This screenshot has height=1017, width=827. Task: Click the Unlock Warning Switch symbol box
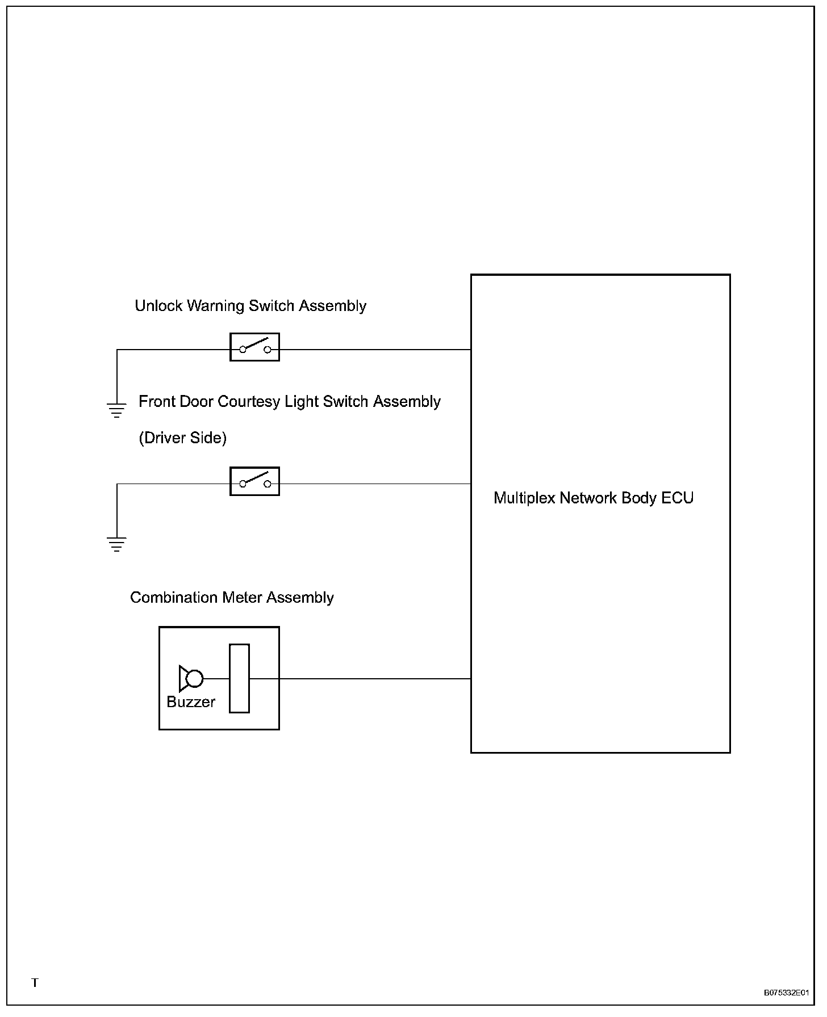click(x=254, y=347)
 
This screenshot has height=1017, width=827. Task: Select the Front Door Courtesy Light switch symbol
click(x=254, y=481)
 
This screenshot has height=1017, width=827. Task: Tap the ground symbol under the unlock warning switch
click(x=116, y=410)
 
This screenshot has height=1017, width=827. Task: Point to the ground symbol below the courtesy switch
click(x=116, y=544)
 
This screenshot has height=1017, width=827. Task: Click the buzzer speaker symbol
click(x=191, y=678)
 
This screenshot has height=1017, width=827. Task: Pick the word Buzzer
click(x=191, y=702)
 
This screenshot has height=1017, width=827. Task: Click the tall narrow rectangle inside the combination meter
click(x=239, y=678)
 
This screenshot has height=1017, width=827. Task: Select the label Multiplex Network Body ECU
click(x=594, y=498)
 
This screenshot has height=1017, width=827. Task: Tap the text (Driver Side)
click(x=182, y=438)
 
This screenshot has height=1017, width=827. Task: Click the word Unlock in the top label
click(x=158, y=306)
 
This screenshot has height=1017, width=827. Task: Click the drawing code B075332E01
click(x=786, y=993)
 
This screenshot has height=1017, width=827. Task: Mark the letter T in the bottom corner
click(x=35, y=983)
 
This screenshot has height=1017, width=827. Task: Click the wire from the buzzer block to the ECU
click(x=375, y=678)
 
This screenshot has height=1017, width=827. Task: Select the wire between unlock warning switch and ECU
click(x=375, y=350)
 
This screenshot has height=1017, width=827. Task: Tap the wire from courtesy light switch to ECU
click(x=375, y=484)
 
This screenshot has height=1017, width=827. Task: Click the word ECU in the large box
click(x=677, y=498)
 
